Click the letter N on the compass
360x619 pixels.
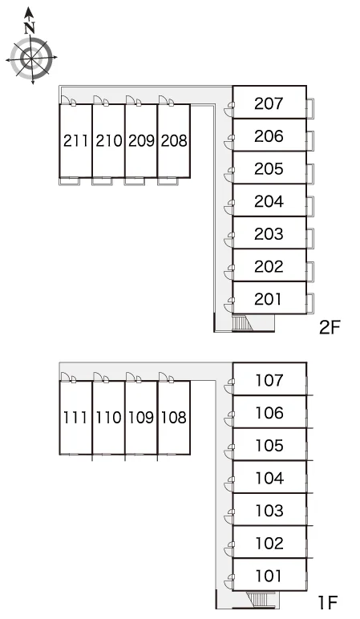tap(29, 28)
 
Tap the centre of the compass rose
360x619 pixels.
tap(31, 59)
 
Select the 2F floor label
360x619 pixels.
tap(330, 327)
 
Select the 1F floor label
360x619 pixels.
tap(329, 603)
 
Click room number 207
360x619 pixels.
tap(269, 103)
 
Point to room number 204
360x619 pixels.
tap(269, 201)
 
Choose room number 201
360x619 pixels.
tap(268, 299)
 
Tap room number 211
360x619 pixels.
tap(75, 140)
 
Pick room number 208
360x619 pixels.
tap(174, 140)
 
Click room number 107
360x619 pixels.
tap(269, 381)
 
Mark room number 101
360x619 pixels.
tap(269, 576)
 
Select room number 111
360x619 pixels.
tap(75, 417)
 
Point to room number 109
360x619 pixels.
tap(141, 417)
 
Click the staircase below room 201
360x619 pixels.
tap(241, 323)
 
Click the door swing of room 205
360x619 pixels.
tap(229, 171)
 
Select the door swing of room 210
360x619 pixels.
tap(101, 101)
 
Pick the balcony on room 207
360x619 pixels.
tap(310, 107)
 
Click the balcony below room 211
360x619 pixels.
tap(70, 181)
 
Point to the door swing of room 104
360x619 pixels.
tap(229, 483)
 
